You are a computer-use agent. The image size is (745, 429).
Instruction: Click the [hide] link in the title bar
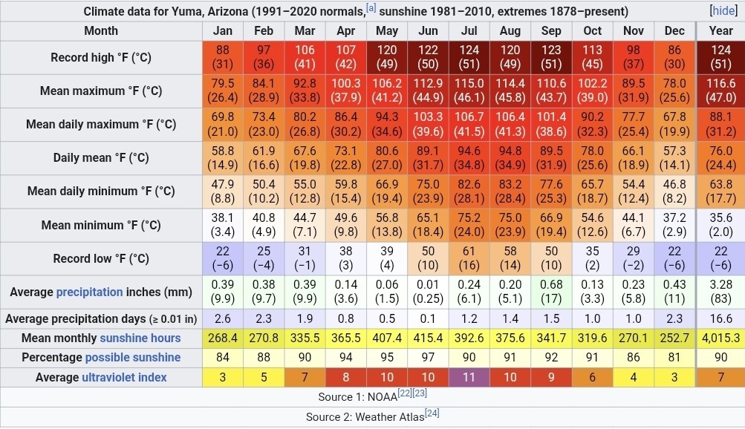pyautogui.click(x=723, y=11)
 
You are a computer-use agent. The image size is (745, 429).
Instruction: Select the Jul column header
pyautogui.click(x=469, y=31)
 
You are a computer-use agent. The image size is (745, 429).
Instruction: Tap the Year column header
pyautogui.click(x=720, y=31)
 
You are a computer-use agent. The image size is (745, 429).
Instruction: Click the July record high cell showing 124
pyautogui.click(x=469, y=57)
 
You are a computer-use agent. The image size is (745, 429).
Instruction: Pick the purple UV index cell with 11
pyautogui.click(x=469, y=377)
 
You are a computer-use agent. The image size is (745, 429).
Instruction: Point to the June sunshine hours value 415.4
pyautogui.click(x=428, y=338)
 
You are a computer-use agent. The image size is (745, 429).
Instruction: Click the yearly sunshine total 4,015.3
pyautogui.click(x=720, y=338)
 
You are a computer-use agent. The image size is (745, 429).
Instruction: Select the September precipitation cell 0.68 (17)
pyautogui.click(x=551, y=292)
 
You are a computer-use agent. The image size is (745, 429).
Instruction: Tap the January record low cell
pyautogui.click(x=223, y=258)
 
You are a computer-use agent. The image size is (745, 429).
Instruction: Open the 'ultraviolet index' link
pyautogui.click(x=124, y=377)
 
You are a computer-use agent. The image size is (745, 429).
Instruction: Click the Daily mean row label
pyautogui.click(x=101, y=157)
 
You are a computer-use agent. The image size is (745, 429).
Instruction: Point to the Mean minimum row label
pyautogui.click(x=101, y=225)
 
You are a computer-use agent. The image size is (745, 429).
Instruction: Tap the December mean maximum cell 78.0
pyautogui.click(x=674, y=91)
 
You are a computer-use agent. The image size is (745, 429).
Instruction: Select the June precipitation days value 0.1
pyautogui.click(x=428, y=319)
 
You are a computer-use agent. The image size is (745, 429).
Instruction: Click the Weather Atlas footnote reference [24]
pyautogui.click(x=432, y=413)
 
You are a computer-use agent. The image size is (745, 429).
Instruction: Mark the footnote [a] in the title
pyautogui.click(x=371, y=9)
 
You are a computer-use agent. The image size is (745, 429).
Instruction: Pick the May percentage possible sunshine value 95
pyautogui.click(x=387, y=358)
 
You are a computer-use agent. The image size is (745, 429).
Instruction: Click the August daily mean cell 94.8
pyautogui.click(x=510, y=157)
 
